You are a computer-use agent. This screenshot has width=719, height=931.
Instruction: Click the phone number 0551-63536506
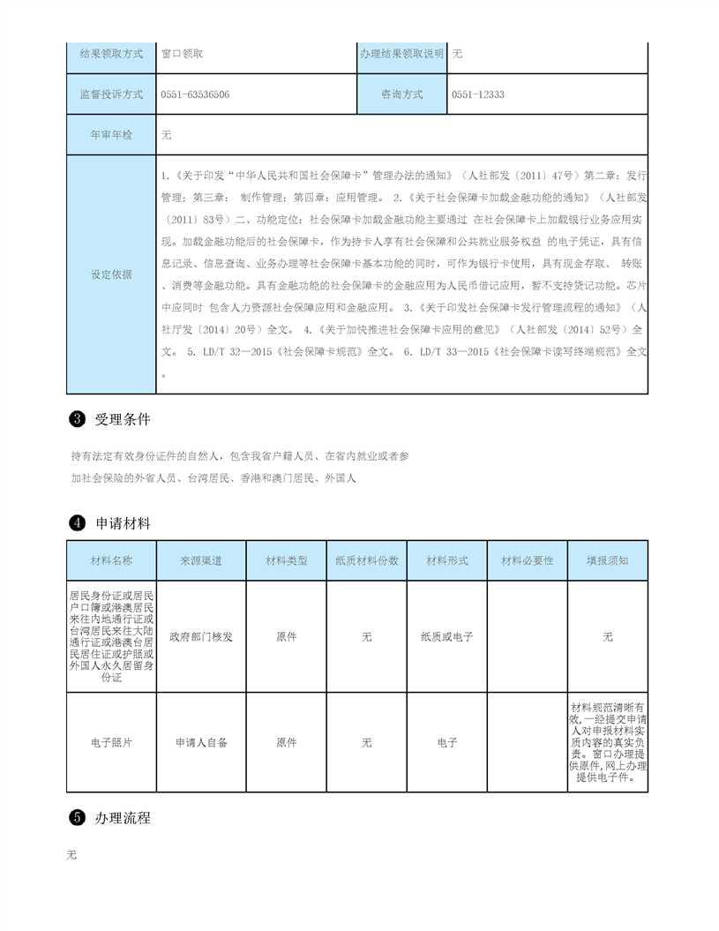195,94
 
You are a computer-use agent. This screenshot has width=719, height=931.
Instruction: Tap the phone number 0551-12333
477,94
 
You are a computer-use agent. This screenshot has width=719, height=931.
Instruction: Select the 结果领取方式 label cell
111,54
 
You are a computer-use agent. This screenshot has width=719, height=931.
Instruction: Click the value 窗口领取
183,54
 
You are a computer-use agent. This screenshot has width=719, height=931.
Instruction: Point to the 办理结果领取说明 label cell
401,54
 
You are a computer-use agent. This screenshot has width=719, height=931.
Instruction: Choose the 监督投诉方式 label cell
111,94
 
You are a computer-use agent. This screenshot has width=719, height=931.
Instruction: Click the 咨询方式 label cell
401,94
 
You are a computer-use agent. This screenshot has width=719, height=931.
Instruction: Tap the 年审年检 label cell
111,135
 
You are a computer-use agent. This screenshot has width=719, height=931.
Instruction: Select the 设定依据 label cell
111,274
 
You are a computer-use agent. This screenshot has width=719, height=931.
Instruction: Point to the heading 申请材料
124,523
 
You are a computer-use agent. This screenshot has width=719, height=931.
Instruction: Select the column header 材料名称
111,560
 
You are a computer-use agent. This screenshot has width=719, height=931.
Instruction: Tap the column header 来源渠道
201,560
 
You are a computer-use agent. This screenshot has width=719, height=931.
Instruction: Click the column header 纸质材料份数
367,560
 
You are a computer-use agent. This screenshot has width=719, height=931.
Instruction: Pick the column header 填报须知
608,560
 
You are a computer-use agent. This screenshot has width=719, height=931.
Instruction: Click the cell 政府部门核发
201,636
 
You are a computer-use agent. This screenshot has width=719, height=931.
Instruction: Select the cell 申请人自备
201,743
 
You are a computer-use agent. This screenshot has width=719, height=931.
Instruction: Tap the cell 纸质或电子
447,636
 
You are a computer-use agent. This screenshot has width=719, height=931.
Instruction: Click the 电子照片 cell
111,743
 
